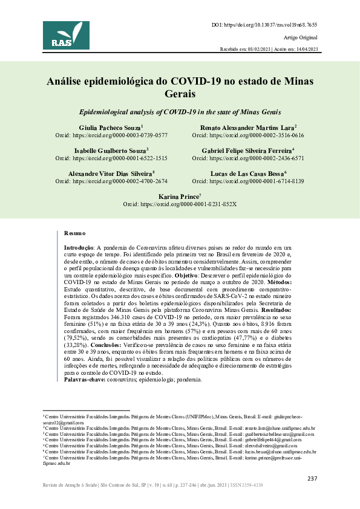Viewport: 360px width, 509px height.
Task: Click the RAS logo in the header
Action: coord(66,35)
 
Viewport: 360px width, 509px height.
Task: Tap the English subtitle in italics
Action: coord(180,113)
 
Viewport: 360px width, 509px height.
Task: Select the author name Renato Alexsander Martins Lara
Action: coord(247,128)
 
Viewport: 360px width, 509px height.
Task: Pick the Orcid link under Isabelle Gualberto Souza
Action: coord(111,158)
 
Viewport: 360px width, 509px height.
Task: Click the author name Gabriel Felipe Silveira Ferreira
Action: coord(247,151)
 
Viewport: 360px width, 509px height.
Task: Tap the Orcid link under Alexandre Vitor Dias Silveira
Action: coord(111,181)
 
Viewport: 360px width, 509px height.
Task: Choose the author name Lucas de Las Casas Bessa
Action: coord(247,173)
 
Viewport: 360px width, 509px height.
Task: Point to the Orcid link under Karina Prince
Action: coord(180,204)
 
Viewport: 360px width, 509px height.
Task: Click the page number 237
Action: coord(312,478)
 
